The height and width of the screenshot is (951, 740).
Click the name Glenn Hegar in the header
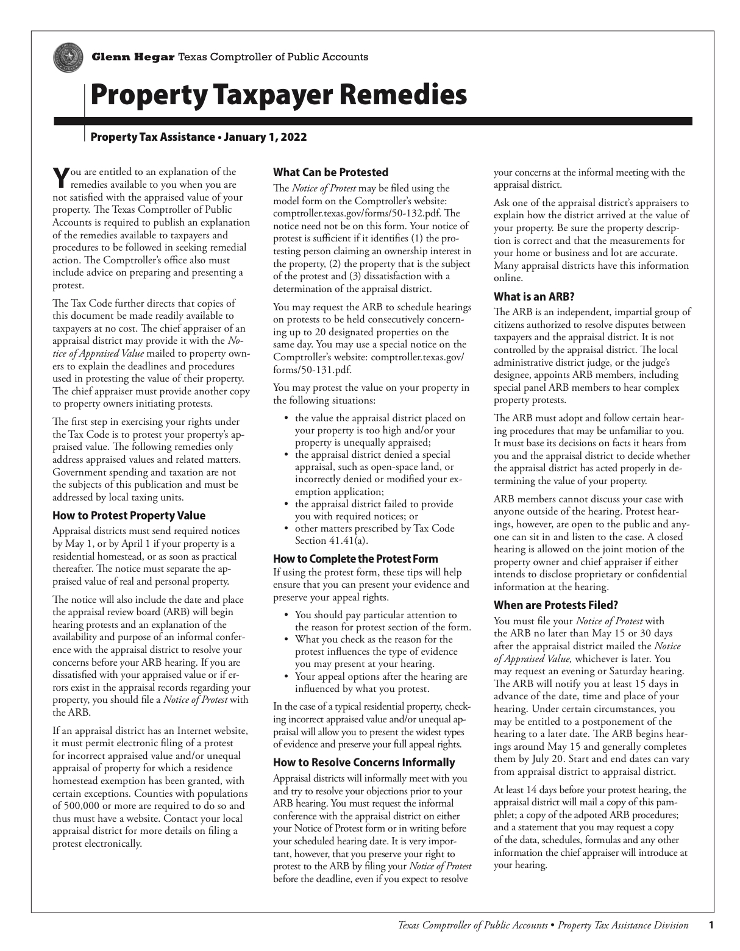133,57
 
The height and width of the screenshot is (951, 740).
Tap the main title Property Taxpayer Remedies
279,96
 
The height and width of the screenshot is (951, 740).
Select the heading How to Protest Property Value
129,515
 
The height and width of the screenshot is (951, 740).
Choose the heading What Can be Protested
330,173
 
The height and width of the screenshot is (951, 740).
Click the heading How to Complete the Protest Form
355,558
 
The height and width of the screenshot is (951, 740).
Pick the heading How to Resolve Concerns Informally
364,762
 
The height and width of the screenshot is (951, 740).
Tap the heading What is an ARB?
534,297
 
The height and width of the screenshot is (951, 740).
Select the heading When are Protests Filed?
556,605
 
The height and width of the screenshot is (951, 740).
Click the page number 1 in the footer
711,925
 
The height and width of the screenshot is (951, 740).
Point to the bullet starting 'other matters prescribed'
374,529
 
